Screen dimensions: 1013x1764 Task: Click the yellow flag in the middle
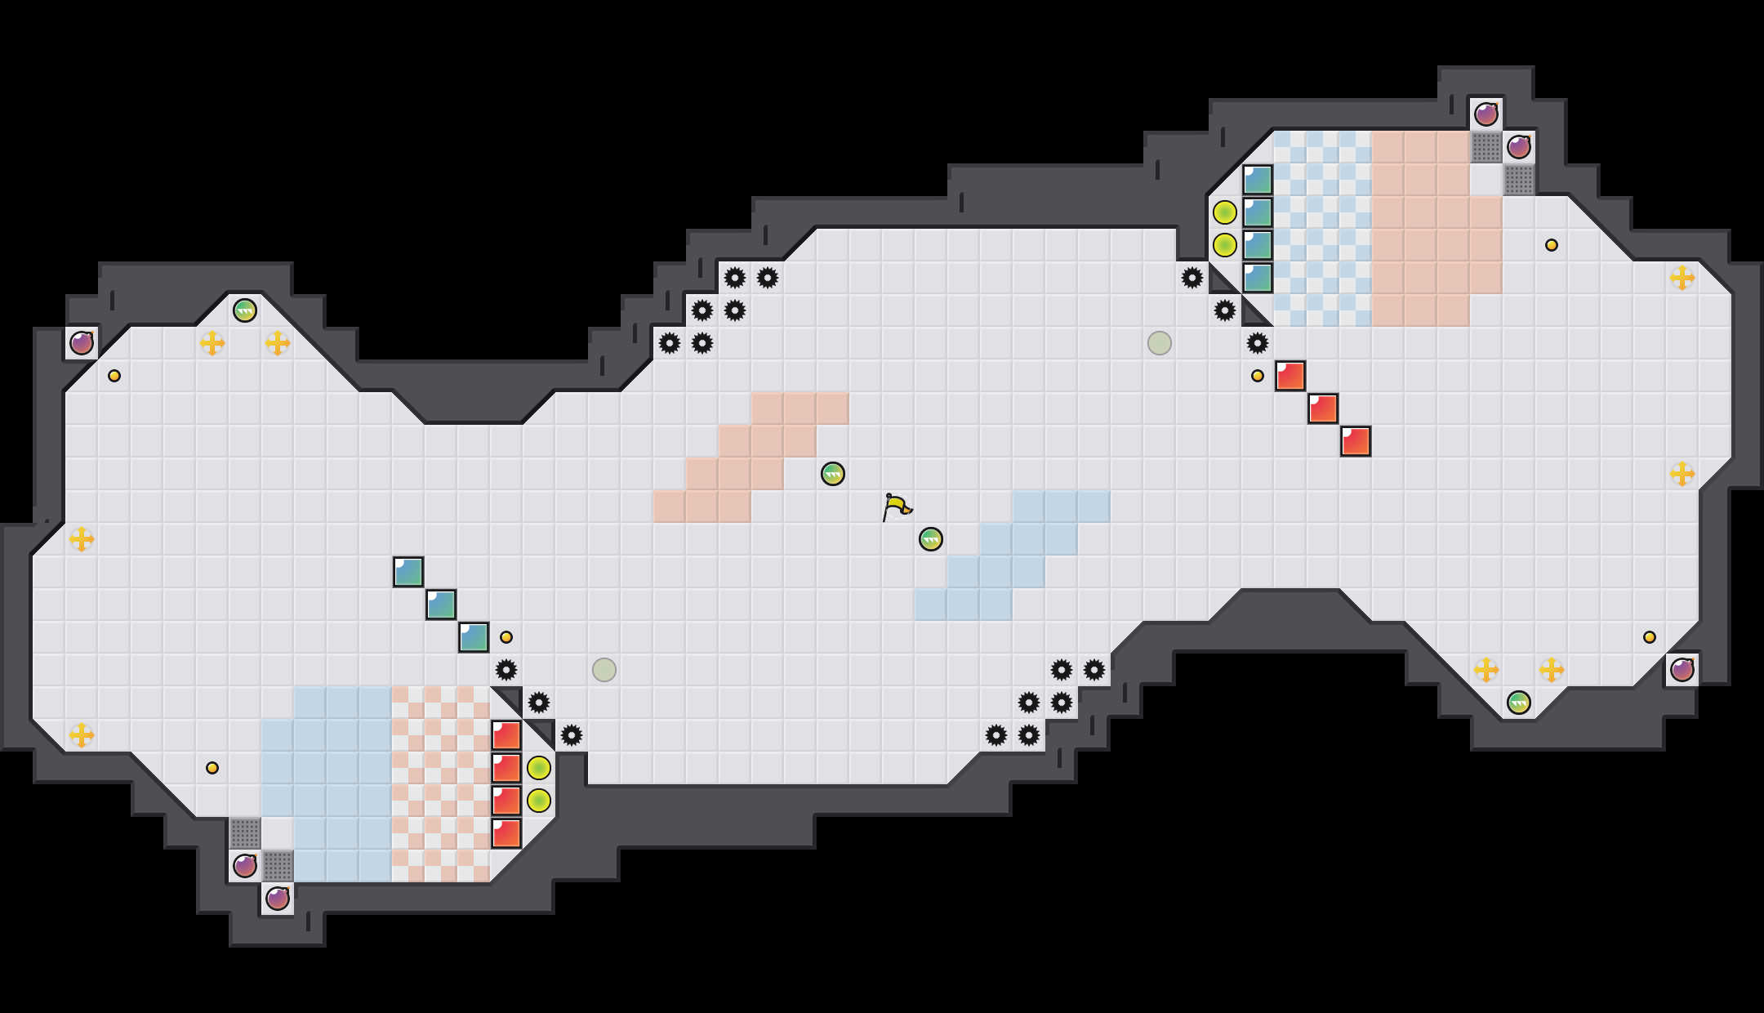point(896,506)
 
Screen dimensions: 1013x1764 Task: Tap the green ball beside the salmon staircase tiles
point(832,474)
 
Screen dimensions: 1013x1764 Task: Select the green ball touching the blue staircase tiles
point(930,539)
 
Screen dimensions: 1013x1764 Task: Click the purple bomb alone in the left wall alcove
point(82,343)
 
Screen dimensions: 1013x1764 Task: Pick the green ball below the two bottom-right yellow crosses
point(1518,703)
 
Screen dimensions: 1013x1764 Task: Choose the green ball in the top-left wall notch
point(245,310)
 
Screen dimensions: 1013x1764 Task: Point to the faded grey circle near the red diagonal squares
point(1159,343)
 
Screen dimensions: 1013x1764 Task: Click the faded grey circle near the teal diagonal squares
point(604,670)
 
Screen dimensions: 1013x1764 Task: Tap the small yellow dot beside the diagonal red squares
point(1257,376)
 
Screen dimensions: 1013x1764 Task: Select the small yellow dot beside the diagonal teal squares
point(506,637)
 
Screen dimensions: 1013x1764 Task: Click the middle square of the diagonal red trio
point(1322,408)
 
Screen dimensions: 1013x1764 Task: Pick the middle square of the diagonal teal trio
point(441,605)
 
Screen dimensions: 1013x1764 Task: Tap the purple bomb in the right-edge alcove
point(1682,670)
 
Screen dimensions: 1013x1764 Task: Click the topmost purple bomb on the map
point(1486,114)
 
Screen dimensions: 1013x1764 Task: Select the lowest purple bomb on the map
point(278,899)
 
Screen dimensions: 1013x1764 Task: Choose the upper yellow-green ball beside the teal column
point(1224,212)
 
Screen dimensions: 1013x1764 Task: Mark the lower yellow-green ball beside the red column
point(538,801)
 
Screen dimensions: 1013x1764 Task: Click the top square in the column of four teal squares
point(1257,180)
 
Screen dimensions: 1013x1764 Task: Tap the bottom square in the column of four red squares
point(506,833)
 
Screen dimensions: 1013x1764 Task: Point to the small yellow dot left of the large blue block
point(212,768)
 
